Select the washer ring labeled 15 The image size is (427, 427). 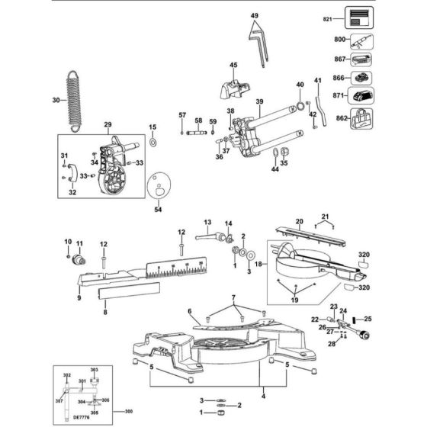pyautogui.click(x=152, y=142)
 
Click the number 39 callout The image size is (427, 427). pyautogui.click(x=259, y=102)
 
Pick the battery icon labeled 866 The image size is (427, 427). pyautogui.click(x=360, y=78)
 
